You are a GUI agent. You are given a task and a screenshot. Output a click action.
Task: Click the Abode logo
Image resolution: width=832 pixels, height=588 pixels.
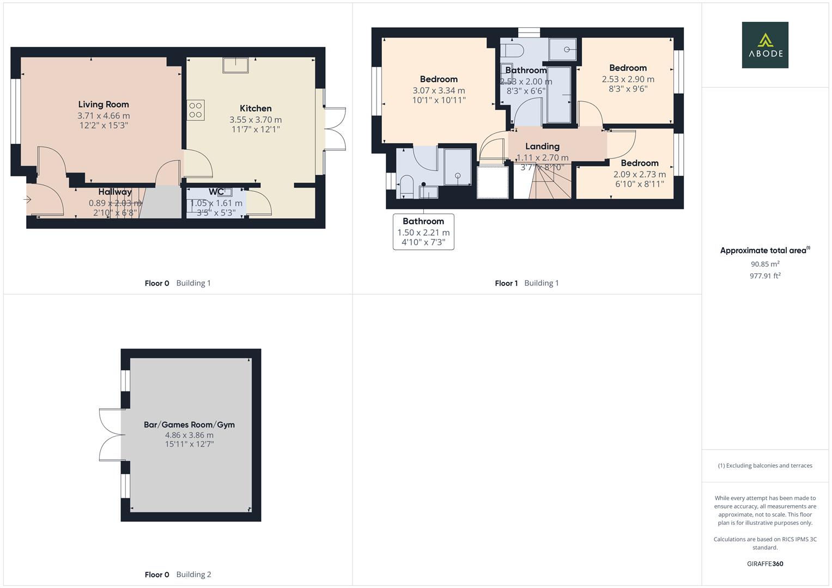point(764,45)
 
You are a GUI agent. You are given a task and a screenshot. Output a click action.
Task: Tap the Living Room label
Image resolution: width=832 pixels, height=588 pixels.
point(104,105)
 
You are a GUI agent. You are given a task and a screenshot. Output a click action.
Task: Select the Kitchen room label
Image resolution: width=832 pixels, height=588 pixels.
point(256,108)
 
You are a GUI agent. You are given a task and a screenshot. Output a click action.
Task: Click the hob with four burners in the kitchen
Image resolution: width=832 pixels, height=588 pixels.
point(196,110)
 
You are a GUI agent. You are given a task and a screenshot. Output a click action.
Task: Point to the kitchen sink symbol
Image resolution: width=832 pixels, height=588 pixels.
point(235,65)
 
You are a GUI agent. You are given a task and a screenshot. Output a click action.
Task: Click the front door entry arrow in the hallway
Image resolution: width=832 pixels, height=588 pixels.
point(27,200)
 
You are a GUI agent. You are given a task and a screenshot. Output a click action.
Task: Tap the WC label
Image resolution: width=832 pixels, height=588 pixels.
point(216,192)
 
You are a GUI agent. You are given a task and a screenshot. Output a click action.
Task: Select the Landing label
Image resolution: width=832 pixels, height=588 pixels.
point(542,146)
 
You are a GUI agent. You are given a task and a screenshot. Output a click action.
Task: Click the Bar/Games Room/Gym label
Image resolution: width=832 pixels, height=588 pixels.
point(189,425)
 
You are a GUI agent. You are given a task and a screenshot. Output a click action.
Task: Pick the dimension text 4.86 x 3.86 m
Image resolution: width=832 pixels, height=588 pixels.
point(189,435)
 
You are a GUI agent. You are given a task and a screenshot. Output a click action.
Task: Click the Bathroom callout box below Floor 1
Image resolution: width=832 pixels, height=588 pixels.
point(423,231)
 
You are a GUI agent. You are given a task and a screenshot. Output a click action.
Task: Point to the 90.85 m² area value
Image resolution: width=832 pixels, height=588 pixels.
point(765,264)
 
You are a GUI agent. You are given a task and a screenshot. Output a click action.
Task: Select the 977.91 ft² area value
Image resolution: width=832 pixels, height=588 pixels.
point(765,276)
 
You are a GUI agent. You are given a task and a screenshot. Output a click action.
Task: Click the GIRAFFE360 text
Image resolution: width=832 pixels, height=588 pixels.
point(765,563)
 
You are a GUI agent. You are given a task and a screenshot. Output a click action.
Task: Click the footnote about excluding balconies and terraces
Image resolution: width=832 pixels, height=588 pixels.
point(765,465)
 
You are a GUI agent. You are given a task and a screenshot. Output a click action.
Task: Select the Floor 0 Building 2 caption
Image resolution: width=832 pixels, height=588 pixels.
point(178,574)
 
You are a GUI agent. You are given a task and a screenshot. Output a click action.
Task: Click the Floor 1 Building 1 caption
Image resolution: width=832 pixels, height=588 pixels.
point(526,283)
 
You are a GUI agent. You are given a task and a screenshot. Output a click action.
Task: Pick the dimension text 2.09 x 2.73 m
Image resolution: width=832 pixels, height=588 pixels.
point(639,174)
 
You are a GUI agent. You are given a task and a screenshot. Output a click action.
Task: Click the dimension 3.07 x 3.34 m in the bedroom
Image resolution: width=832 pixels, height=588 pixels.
point(439,91)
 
